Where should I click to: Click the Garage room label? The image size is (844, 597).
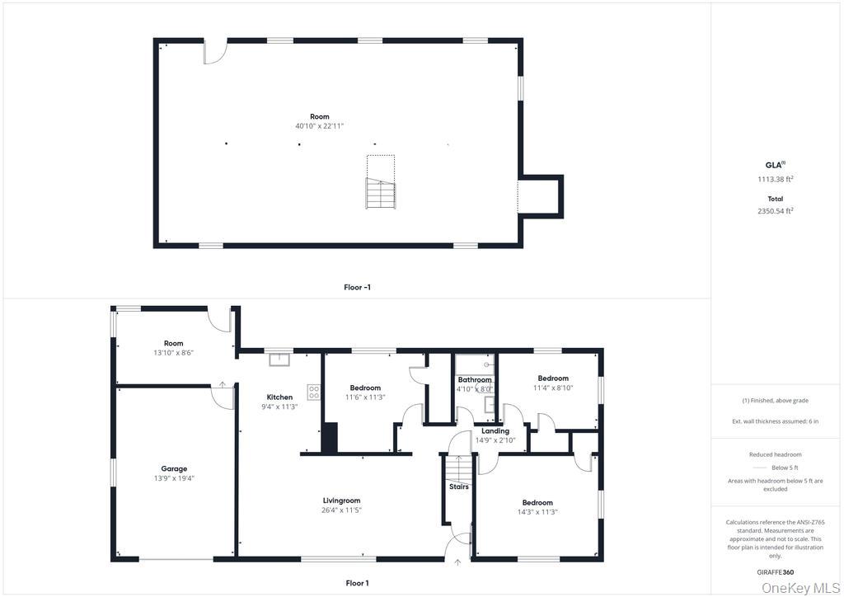coord(174,469)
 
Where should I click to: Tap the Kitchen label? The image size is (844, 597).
coord(280,397)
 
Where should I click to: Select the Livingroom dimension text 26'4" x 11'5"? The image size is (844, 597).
coord(341,510)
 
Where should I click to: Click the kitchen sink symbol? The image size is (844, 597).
coord(279,359)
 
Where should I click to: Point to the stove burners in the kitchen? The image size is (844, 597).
coord(314,392)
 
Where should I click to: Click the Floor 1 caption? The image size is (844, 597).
coord(358,583)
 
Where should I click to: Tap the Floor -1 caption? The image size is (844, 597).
coord(358,288)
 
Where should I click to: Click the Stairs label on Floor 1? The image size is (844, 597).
coord(459,487)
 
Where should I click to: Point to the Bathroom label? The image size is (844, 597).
coord(475,380)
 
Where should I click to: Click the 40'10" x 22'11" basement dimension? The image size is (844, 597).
coord(319,126)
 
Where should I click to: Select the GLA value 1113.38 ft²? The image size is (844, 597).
coord(776,179)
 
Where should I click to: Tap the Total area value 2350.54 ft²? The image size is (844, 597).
coord(776,211)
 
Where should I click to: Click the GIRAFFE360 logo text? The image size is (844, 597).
coord(776,572)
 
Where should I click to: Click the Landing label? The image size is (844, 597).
coord(495,431)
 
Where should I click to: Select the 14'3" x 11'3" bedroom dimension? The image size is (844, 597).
coord(537,512)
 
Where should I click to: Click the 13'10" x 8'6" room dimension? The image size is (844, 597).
coord(173,353)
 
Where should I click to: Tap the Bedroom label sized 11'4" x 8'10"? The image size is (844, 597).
coord(553,378)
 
